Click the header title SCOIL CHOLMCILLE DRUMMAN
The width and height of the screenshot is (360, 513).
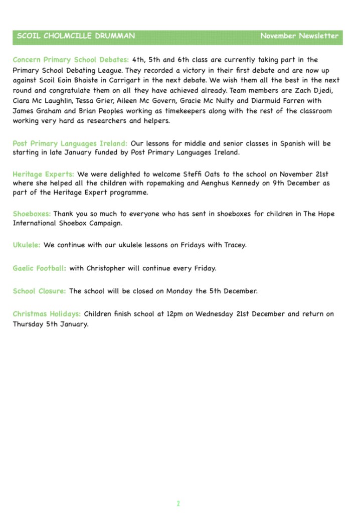pyautogui.click(x=76, y=36)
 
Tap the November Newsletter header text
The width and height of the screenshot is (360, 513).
pyautogui.click(x=299, y=36)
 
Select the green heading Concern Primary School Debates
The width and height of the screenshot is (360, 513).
pyautogui.click(x=71, y=60)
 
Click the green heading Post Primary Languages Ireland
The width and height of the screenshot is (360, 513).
pyautogui.click(x=70, y=143)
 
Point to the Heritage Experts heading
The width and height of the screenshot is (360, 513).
pyautogui.click(x=43, y=174)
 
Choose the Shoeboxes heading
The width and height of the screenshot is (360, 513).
pyautogui.click(x=32, y=214)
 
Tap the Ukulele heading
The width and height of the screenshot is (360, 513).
pyautogui.click(x=27, y=245)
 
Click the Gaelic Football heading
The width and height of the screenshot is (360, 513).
pyautogui.click(x=39, y=268)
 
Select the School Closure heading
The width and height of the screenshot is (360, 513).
pyautogui.click(x=39, y=291)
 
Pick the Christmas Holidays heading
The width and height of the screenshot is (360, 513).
pyautogui.click(x=47, y=314)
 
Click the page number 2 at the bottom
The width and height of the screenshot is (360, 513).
pyautogui.click(x=178, y=503)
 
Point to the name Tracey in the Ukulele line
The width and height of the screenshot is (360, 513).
pyautogui.click(x=233, y=245)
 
